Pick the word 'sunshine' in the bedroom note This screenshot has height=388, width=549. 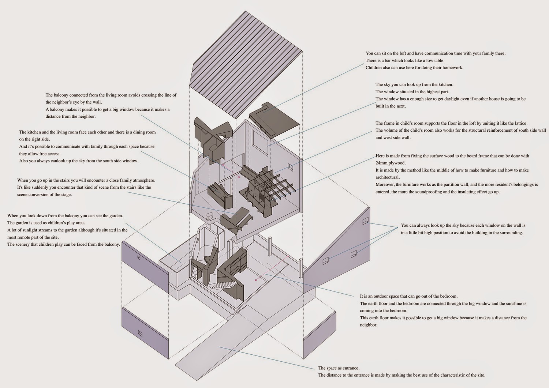(513, 304)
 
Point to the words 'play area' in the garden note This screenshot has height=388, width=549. (75, 223)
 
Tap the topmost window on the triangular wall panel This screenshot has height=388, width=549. (365, 221)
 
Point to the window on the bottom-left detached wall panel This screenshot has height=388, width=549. (140, 333)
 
